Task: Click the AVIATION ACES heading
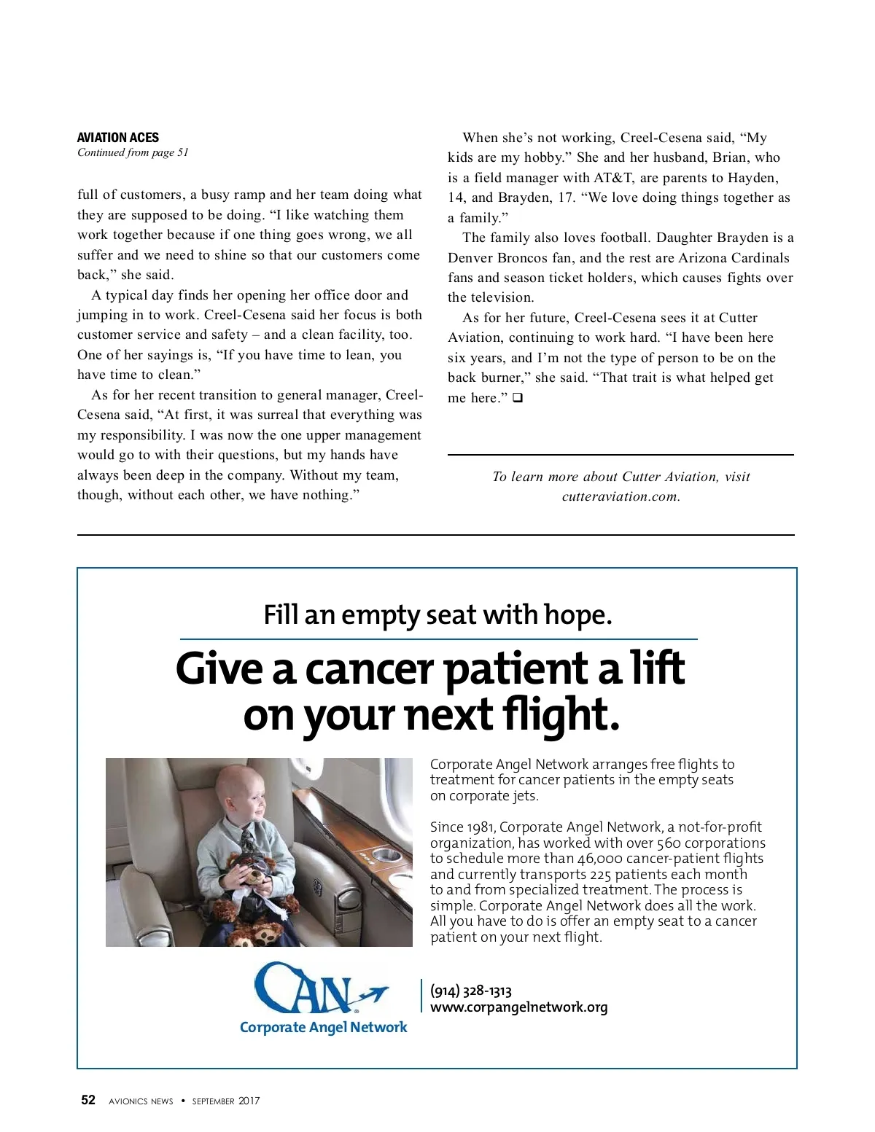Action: (x=117, y=138)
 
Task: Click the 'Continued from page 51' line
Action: (x=133, y=152)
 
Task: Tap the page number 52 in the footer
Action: (x=88, y=1100)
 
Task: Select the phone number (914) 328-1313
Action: (x=471, y=991)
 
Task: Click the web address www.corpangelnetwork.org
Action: (x=518, y=1007)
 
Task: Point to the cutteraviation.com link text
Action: (x=621, y=496)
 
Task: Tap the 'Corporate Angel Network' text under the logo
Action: (x=323, y=1027)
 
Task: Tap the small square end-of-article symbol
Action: (x=518, y=398)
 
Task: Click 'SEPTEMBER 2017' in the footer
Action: (x=226, y=1101)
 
